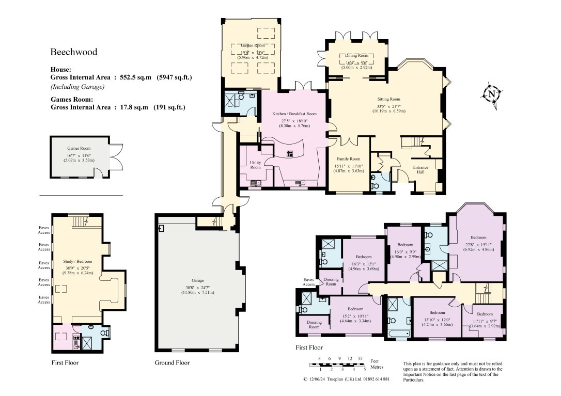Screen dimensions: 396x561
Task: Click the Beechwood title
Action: pos(73,52)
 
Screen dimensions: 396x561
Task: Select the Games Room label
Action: pos(79,148)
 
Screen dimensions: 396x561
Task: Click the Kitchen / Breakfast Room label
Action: pos(294,114)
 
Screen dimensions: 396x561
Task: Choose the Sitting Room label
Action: pos(388,99)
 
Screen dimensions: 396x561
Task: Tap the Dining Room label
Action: pos(356,55)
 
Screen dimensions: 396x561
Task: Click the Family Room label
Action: pos(349,159)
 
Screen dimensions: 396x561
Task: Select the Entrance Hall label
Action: pos(422,169)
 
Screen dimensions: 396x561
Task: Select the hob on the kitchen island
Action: pos(289,153)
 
